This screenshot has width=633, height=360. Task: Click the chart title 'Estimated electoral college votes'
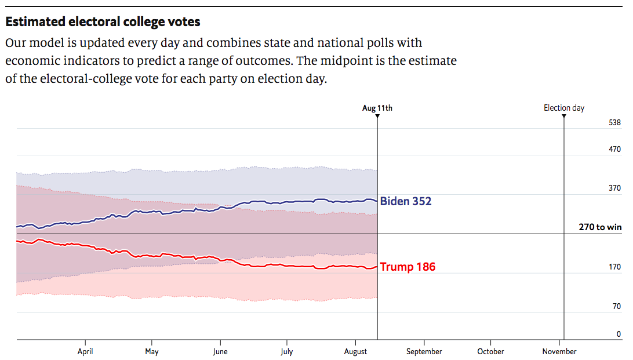click(x=103, y=22)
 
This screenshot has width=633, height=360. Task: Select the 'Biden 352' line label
click(x=406, y=202)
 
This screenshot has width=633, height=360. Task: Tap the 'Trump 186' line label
click(x=408, y=267)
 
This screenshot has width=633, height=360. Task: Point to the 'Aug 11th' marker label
click(x=377, y=108)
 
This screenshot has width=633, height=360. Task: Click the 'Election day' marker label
click(x=564, y=108)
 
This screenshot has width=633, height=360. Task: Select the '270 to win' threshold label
click(x=600, y=227)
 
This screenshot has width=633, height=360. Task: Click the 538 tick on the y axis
click(x=614, y=123)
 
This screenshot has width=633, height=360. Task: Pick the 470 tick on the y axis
click(x=614, y=150)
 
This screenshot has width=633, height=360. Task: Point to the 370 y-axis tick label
click(x=614, y=188)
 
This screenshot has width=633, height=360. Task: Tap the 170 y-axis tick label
click(x=614, y=267)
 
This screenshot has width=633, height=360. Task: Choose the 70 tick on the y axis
click(x=616, y=307)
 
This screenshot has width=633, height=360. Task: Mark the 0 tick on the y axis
click(x=619, y=334)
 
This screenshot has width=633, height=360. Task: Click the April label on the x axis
click(x=85, y=351)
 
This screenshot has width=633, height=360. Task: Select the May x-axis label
click(x=152, y=351)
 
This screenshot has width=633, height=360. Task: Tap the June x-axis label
click(x=220, y=351)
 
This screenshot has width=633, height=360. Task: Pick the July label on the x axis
click(x=286, y=351)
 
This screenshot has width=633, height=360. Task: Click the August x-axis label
click(x=355, y=351)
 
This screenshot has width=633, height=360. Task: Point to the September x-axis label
click(x=424, y=351)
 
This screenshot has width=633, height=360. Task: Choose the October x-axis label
click(x=490, y=351)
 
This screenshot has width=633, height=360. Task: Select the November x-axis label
click(x=559, y=351)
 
